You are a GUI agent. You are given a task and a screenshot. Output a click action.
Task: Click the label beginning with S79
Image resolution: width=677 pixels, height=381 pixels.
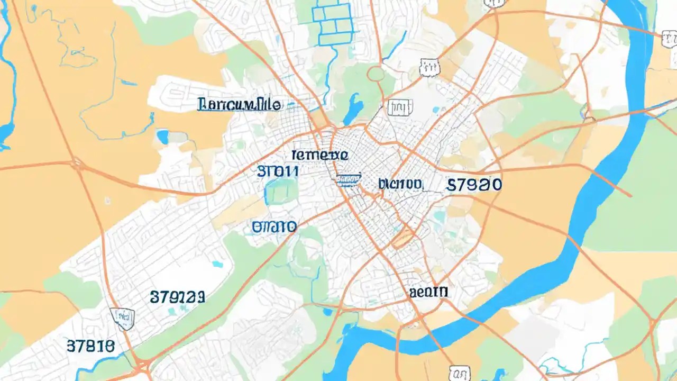click(474, 184)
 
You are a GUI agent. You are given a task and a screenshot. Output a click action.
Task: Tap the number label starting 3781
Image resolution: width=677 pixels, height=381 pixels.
click(90, 346)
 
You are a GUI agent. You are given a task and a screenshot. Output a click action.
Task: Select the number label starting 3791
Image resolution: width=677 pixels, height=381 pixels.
click(177, 297)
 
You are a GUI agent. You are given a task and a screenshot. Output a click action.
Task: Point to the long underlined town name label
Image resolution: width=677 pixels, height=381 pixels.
click(239, 104)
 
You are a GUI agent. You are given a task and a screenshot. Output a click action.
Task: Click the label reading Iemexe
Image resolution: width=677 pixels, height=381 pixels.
click(319, 155)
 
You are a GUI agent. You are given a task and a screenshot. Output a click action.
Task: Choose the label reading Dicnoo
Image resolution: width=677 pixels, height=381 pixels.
click(400, 184)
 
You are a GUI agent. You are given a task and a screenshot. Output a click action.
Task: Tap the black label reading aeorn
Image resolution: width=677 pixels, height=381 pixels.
click(428, 292)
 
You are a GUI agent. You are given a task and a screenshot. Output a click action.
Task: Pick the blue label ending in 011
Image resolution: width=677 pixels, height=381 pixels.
click(278, 171)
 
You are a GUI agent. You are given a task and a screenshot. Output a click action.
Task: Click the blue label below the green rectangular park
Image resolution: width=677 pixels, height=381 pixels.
click(274, 227)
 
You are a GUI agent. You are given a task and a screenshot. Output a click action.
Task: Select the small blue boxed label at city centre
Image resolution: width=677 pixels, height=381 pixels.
click(348, 180)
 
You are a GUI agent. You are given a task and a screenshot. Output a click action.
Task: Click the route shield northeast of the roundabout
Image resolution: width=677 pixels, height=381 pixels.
click(429, 67)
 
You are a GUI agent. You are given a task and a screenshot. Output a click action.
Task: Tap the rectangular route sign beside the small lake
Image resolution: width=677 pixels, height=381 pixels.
click(400, 107)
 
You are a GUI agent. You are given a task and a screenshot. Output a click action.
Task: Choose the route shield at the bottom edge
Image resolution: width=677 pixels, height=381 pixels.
click(459, 373)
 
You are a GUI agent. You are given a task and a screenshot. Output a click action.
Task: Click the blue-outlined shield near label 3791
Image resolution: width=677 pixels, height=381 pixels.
click(123, 317)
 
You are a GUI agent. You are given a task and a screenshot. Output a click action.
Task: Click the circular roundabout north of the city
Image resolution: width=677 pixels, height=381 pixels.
click(376, 74)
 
